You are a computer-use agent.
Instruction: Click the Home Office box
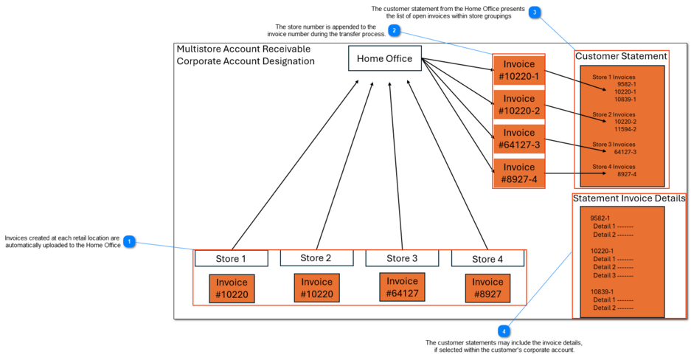[384, 59]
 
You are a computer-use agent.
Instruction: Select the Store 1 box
[231, 258]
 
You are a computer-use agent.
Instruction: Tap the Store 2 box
[316, 257]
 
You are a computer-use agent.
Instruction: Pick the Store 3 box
[402, 258]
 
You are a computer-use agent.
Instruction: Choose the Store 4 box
[487, 258]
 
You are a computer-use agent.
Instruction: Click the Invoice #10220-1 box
[519, 70]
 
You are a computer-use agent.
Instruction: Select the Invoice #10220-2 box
[519, 105]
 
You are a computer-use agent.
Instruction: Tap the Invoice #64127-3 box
[519, 139]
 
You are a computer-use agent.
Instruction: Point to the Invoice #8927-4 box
[519, 173]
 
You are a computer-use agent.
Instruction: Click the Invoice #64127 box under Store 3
[402, 288]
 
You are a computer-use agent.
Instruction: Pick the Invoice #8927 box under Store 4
[487, 288]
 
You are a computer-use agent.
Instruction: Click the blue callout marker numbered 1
[130, 241]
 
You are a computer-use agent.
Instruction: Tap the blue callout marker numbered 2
[395, 31]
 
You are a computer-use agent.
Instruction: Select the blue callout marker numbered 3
[534, 13]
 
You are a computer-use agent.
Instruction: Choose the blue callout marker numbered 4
[504, 330]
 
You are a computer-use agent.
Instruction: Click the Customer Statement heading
[621, 56]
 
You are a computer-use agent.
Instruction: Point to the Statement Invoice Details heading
[629, 198]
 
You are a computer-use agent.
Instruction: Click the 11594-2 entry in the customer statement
[625, 129]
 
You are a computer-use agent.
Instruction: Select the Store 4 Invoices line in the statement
[614, 167]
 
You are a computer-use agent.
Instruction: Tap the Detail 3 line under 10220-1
[613, 275]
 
